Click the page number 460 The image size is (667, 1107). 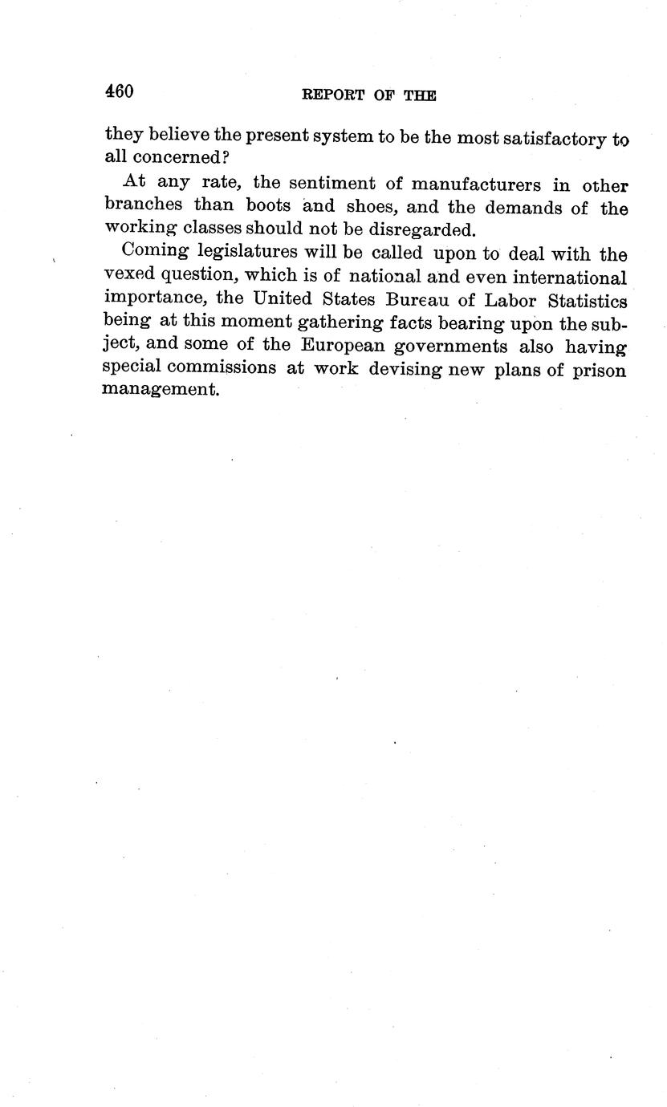click(119, 91)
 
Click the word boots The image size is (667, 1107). click(267, 206)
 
